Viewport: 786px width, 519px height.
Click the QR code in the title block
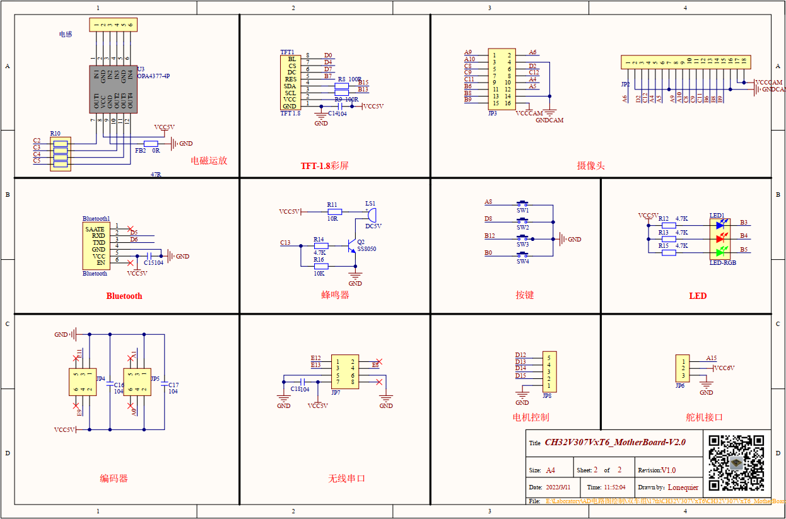click(736, 463)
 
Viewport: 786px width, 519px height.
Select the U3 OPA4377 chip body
click(112, 89)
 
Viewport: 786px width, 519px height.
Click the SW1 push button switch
click(522, 204)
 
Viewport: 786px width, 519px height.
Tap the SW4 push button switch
click(522, 255)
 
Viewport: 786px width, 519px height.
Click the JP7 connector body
click(345, 371)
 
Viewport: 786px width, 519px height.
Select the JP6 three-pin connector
click(682, 368)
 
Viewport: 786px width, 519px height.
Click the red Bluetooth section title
click(124, 296)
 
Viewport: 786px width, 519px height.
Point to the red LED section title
click(698, 296)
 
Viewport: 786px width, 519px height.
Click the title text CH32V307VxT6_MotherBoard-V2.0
click(615, 442)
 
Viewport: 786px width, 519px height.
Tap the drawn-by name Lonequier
click(683, 487)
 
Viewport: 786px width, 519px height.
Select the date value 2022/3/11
click(558, 487)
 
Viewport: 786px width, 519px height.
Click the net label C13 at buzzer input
click(285, 243)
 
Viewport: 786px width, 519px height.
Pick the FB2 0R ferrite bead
click(151, 144)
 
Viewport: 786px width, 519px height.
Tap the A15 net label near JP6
click(712, 358)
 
